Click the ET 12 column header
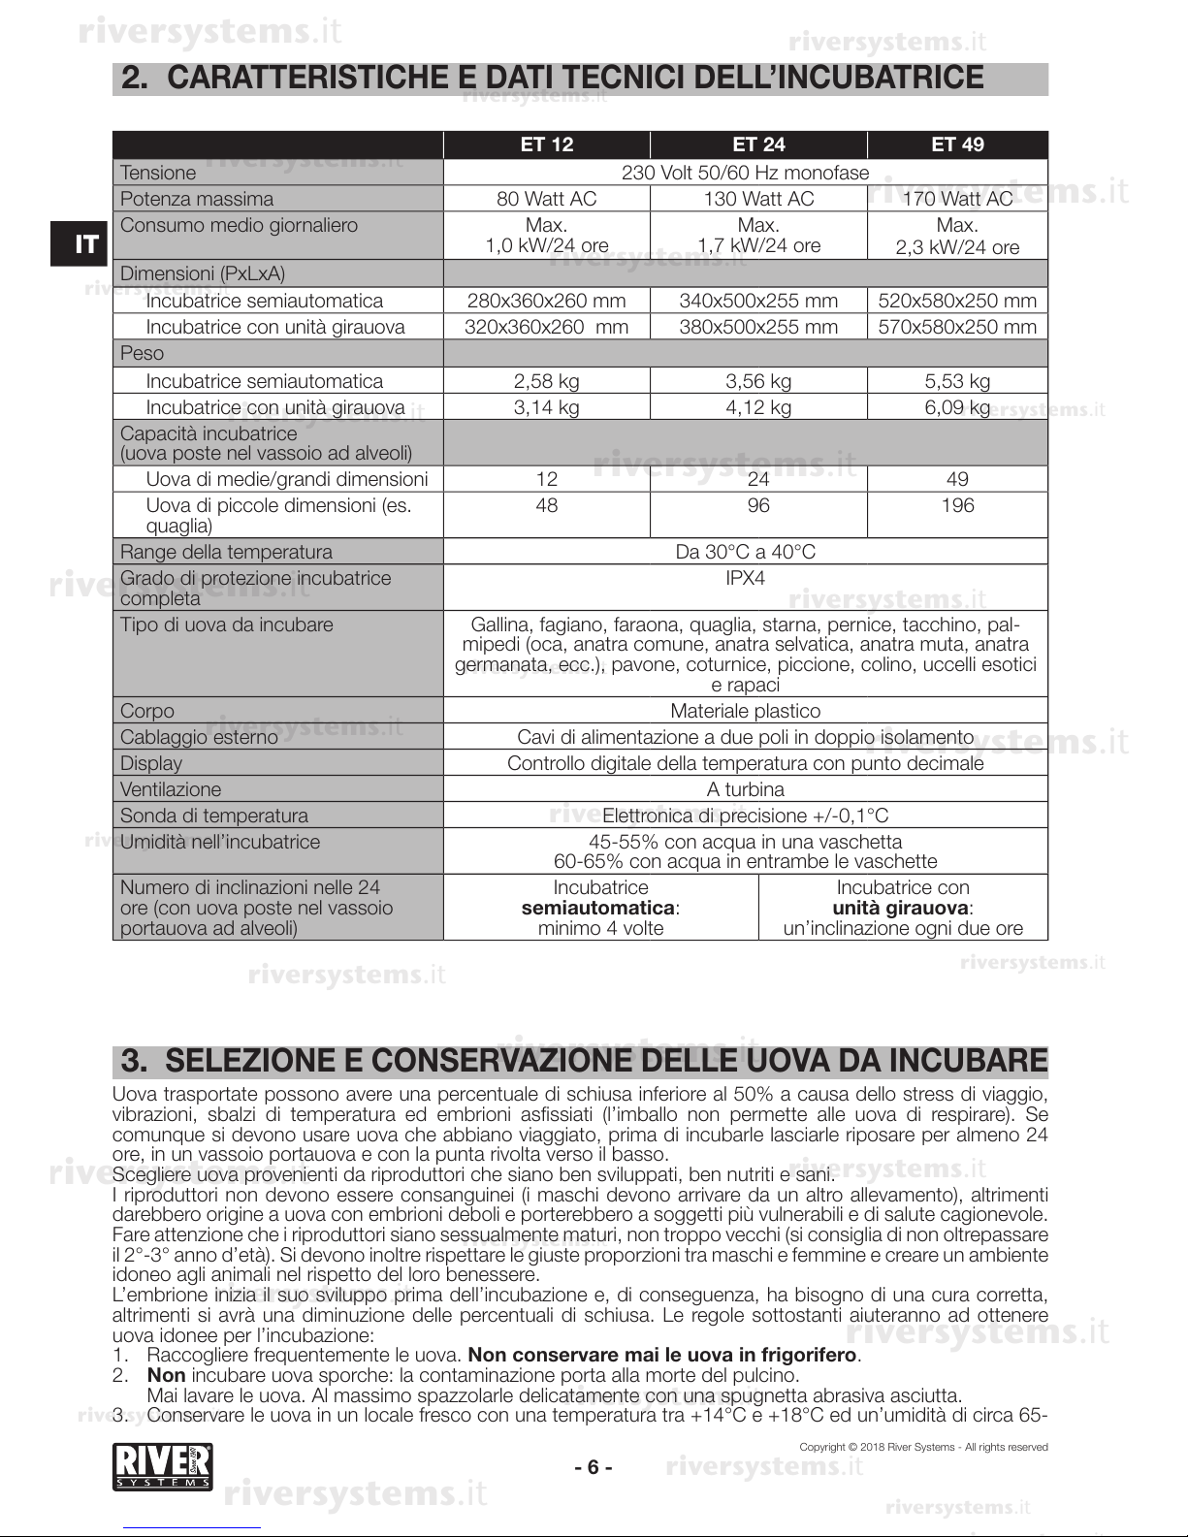pos(547,144)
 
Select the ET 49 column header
pos(957,144)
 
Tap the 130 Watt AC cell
pos(758,199)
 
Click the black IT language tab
pos(86,243)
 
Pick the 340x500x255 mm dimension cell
pos(758,301)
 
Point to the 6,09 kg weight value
pos(957,407)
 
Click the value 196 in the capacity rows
pos(957,505)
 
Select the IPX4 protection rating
pos(745,578)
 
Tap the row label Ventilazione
pos(171,789)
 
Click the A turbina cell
pos(745,789)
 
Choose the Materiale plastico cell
pos(745,711)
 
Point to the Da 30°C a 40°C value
pos(745,552)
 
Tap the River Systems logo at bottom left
pos(163,1466)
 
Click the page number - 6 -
pos(594,1467)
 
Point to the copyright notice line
pos(923,1447)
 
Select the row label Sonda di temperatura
pos(213,816)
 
